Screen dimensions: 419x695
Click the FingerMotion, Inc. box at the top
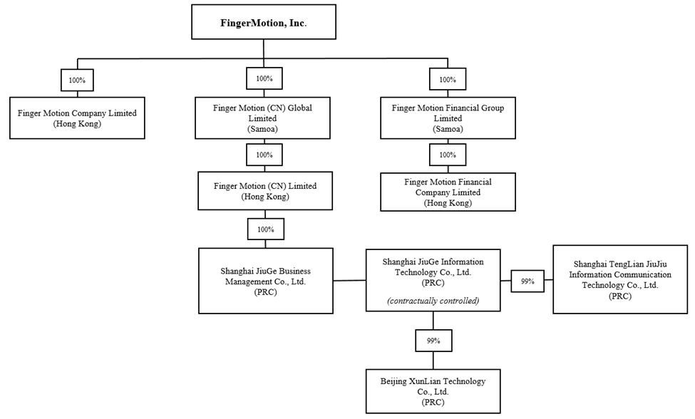[264, 22]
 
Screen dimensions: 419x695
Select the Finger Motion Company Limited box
[77, 118]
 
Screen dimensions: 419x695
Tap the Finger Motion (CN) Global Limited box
[263, 118]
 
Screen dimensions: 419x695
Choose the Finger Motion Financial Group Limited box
[448, 118]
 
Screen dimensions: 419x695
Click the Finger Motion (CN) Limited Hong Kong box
[264, 191]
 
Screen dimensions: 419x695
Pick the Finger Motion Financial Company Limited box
[448, 192]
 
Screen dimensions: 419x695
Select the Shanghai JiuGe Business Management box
[265, 280]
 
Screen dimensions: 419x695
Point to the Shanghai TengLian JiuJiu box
[620, 279]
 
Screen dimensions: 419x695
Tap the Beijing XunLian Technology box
[433, 391]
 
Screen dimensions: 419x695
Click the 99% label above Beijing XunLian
[433, 341]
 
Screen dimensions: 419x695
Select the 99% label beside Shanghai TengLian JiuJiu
[527, 281]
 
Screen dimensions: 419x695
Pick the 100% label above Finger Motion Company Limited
[77, 80]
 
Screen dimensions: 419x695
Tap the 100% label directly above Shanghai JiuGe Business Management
[264, 229]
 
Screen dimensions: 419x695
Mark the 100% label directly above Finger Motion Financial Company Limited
[448, 154]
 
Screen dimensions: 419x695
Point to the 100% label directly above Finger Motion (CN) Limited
[264, 154]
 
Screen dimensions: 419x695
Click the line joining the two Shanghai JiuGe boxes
[349, 280]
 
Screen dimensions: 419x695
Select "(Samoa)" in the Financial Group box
[448, 129]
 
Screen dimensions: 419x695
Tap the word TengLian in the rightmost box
[622, 263]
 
